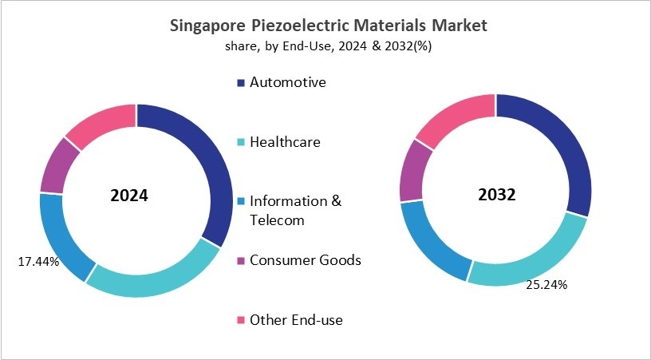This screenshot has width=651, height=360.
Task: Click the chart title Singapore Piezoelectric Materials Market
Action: pos(329,26)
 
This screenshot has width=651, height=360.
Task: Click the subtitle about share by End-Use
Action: pos(329,47)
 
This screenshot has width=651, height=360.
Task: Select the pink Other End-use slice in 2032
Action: pos(455,116)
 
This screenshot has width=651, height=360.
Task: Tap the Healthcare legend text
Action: pos(285,142)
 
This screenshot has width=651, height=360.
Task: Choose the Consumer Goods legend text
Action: pos(305,260)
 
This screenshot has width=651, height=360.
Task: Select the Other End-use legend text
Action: pos(296,320)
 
